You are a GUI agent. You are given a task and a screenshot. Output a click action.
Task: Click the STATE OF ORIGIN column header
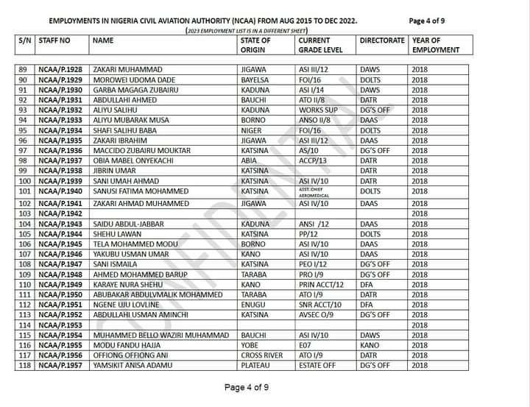pyautogui.click(x=255, y=45)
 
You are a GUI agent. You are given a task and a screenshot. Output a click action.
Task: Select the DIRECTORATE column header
pyautogui.click(x=382, y=40)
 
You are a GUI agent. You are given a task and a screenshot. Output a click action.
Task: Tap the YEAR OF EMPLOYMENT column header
pyautogui.click(x=436, y=45)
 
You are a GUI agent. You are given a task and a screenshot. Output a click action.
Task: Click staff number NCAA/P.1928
pyautogui.click(x=60, y=69)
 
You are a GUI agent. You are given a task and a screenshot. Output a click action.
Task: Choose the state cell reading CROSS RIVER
pyautogui.click(x=261, y=355)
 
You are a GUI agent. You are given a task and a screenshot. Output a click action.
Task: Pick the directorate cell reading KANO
pyautogui.click(x=370, y=344)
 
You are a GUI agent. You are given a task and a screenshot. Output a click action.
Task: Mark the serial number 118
pyautogui.click(x=26, y=365)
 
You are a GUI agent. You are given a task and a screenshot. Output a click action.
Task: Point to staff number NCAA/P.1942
pyautogui.click(x=60, y=213)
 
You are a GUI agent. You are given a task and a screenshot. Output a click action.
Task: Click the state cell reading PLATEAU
pyautogui.click(x=255, y=365)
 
